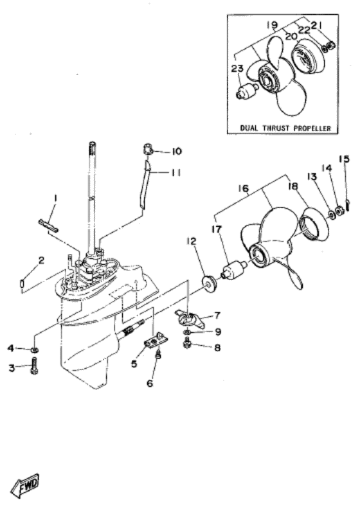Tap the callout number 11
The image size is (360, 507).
[x=176, y=172]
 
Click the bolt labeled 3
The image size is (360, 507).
[x=33, y=368]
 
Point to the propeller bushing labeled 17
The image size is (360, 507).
[x=233, y=272]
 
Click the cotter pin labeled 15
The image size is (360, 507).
[x=347, y=205]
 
